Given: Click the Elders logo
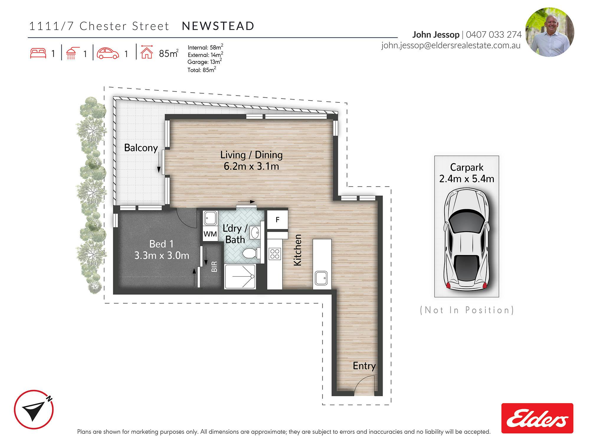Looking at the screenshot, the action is coord(537,418).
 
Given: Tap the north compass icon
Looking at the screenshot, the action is coord(34,410).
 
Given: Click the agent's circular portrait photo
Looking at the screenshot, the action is coord(550,32).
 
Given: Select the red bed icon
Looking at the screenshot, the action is coord(38,53).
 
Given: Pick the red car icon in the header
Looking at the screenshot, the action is coord(108,53).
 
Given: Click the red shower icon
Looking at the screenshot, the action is coord(71,53).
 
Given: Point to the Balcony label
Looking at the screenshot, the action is coord(141,148).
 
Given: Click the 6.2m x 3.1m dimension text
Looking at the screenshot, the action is coord(251,166).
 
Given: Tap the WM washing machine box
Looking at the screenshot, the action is coord(210,234).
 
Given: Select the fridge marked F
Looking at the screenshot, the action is coord(277,220).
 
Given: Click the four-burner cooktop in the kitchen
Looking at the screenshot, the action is coord(275,254).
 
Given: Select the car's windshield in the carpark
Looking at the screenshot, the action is coord(466,221).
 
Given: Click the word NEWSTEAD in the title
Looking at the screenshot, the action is coord(218,26).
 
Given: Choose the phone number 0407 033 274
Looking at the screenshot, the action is coord(494,35).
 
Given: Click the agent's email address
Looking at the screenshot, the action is coord(451,45).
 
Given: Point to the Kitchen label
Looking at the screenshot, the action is coord(298,250).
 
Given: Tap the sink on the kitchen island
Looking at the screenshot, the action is coord(321,278).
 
